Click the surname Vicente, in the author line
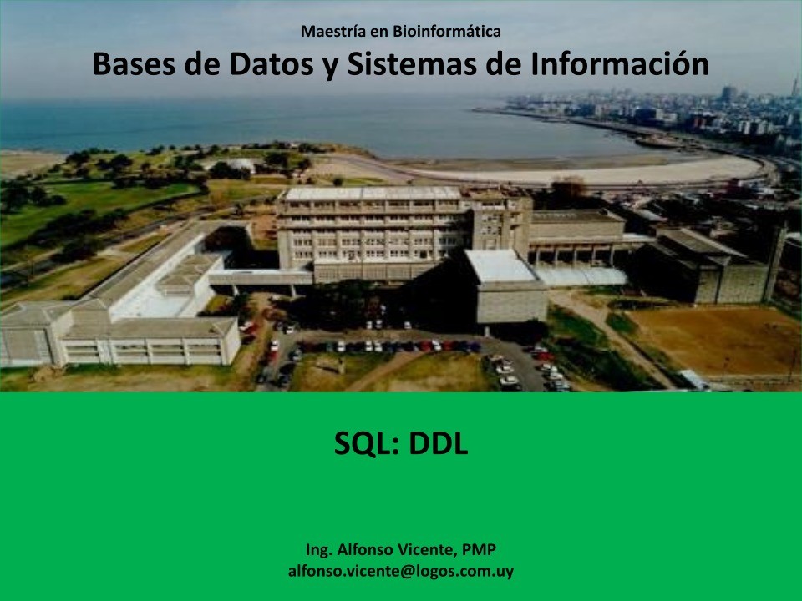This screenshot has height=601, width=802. [423, 550]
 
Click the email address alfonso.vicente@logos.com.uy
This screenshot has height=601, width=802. [401, 572]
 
